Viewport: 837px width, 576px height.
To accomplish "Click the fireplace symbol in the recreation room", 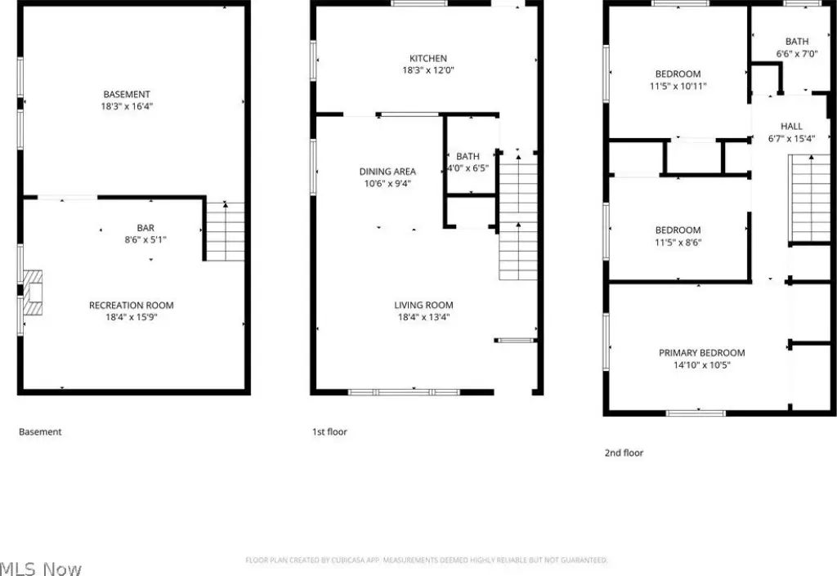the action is (x=33, y=292).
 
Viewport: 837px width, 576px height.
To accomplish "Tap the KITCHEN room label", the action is (x=428, y=58).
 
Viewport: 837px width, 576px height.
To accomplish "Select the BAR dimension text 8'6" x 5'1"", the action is (x=145, y=240).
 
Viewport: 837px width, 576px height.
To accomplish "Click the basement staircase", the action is (x=226, y=231).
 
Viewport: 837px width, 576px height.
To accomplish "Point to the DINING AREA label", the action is (x=387, y=172).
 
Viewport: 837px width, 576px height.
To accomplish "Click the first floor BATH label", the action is (x=468, y=156).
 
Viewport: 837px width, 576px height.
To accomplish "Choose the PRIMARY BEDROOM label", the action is (x=701, y=352).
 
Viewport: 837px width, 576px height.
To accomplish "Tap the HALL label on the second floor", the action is (x=791, y=127).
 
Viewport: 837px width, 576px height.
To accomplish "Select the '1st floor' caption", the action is (x=329, y=432).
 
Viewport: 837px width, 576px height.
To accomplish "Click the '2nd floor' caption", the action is (x=624, y=453).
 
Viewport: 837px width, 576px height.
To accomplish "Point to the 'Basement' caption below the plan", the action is (x=40, y=432).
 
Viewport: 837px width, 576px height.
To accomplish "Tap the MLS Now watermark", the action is (x=41, y=569).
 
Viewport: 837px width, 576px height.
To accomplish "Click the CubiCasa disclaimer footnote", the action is (x=427, y=560).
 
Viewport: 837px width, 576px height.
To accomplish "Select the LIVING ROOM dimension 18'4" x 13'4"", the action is (x=424, y=317).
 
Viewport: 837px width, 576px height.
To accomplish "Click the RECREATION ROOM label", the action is (x=132, y=305).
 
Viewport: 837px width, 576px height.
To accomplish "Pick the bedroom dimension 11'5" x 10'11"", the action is (x=678, y=86).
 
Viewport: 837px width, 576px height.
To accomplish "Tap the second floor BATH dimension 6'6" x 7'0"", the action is (x=796, y=53).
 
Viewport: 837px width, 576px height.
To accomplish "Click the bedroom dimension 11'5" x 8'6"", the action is (x=678, y=243).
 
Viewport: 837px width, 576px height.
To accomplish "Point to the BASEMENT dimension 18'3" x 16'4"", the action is (x=127, y=106).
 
